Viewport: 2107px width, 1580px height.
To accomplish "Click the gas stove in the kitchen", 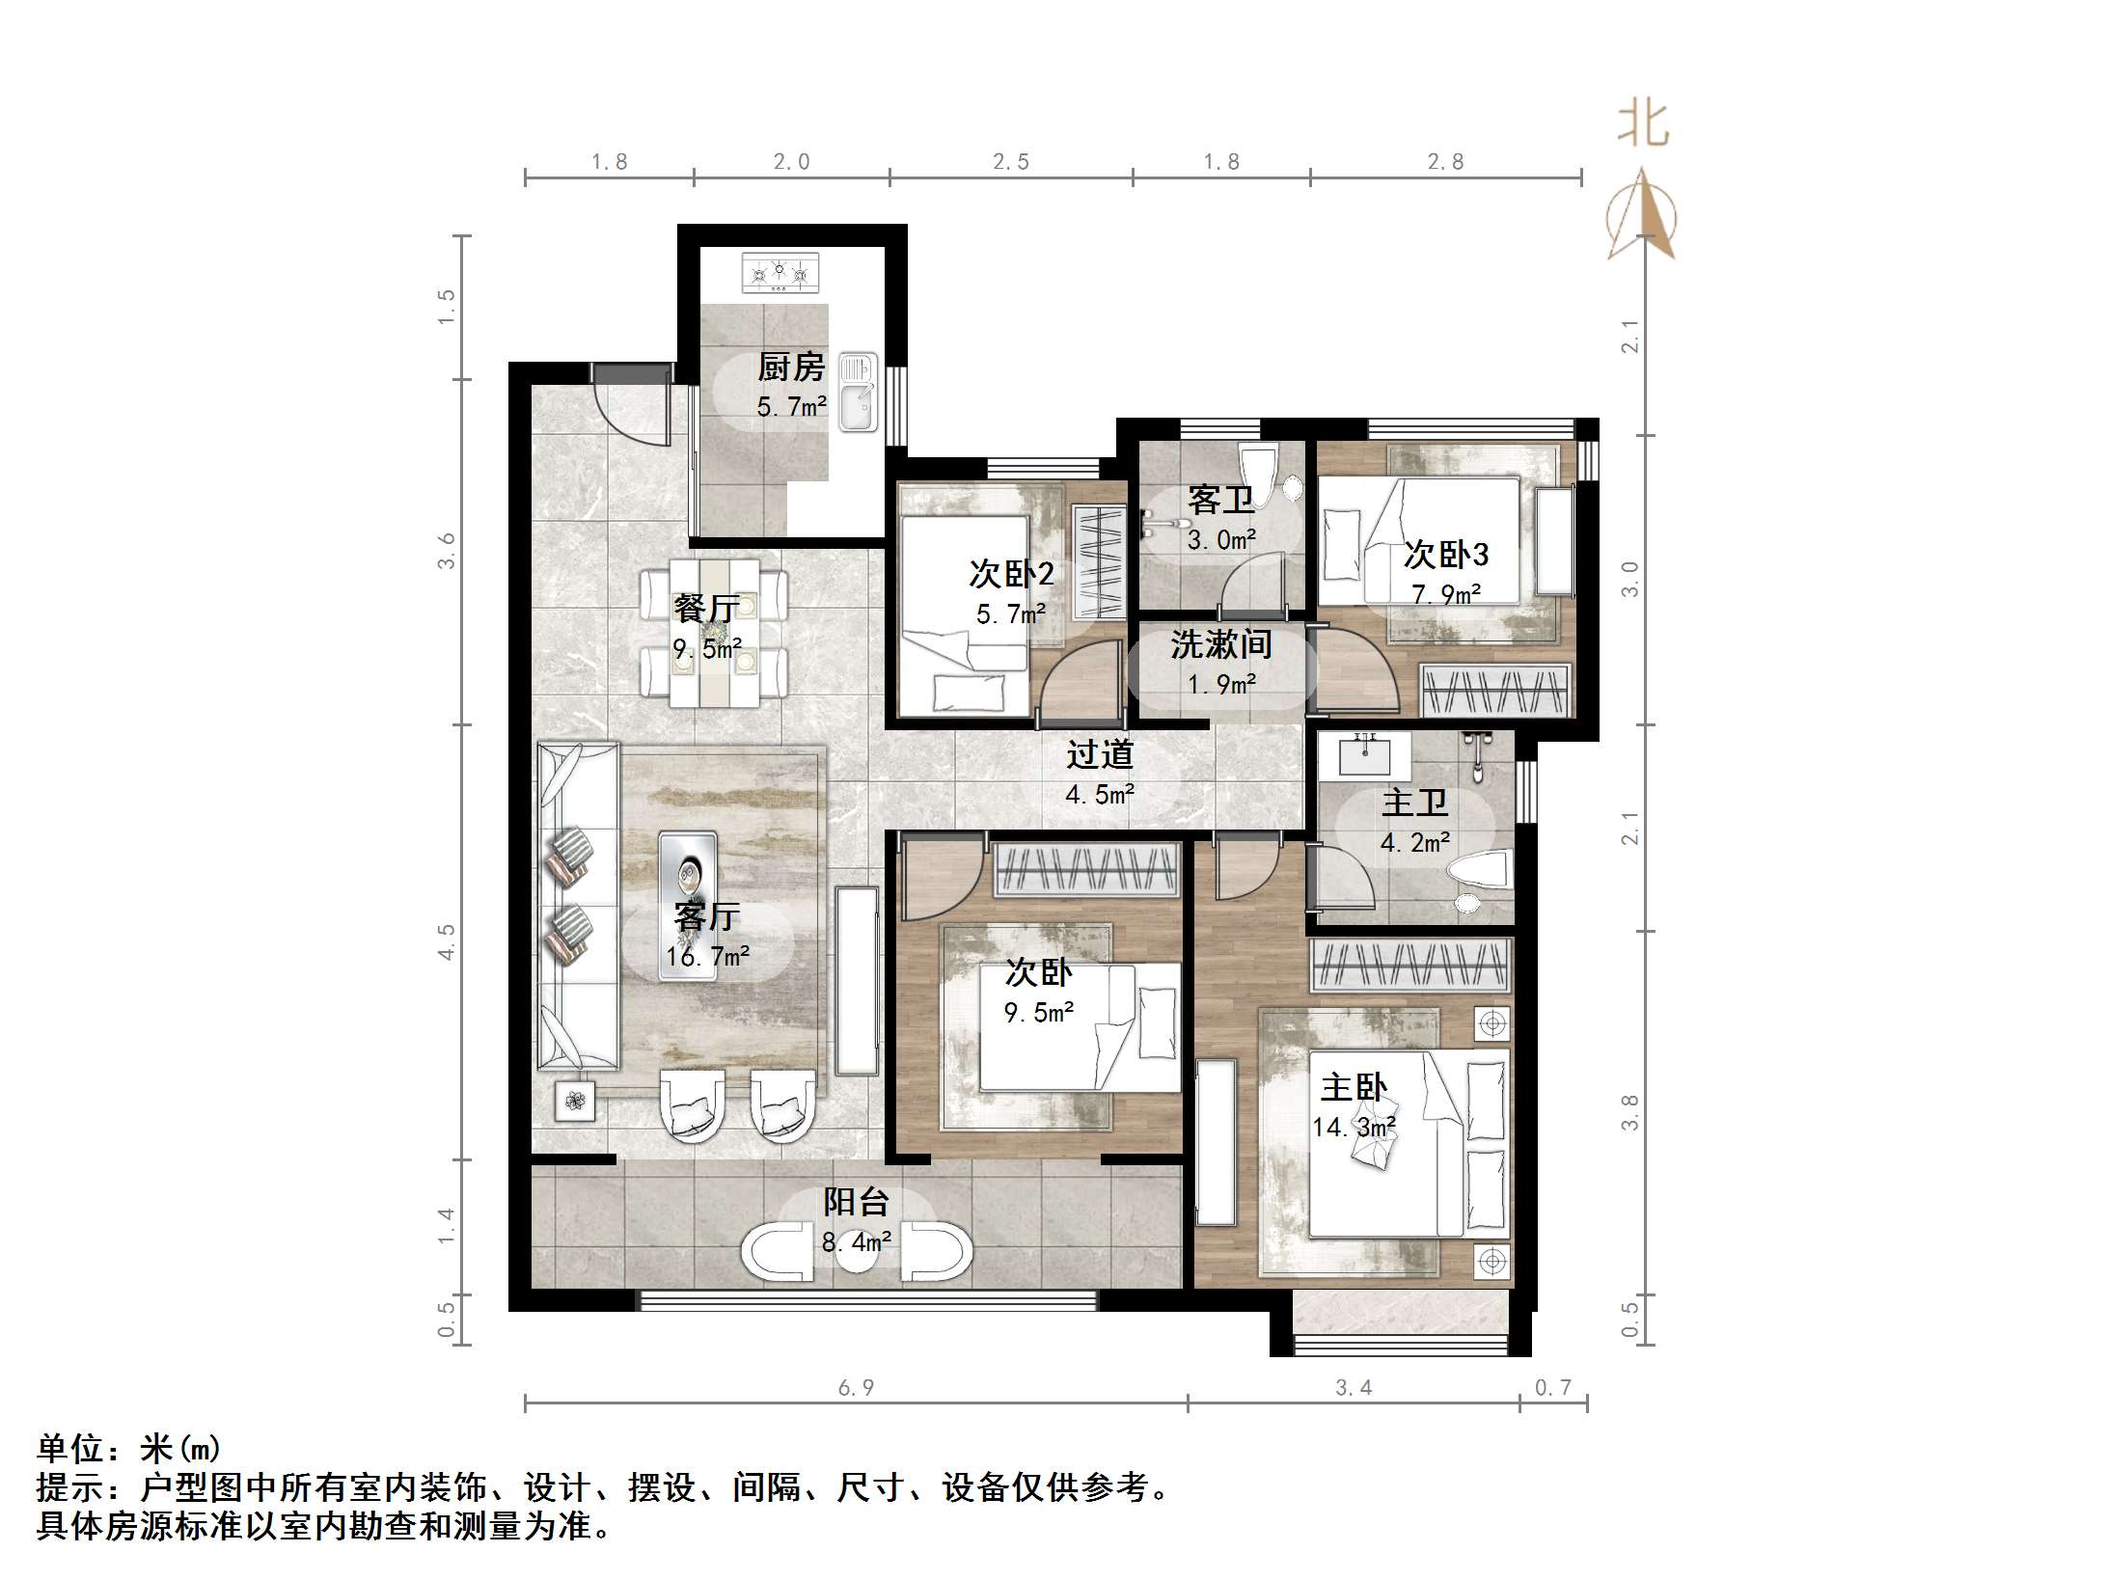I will [780, 274].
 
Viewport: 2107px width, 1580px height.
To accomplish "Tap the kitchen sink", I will [858, 391].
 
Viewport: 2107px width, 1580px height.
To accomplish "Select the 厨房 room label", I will [791, 368].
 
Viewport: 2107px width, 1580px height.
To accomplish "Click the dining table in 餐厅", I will [714, 632].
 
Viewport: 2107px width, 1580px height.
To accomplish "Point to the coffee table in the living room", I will [688, 907].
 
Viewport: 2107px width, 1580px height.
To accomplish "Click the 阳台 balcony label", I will [856, 1202].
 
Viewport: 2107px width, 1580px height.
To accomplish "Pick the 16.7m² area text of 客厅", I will [707, 957].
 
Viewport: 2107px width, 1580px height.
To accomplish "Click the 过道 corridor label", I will [1099, 754].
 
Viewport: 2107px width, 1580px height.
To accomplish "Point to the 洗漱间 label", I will [1220, 644].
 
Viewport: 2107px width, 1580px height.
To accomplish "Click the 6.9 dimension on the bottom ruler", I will [856, 1387].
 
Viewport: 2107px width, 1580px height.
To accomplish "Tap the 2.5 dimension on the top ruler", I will [1011, 162].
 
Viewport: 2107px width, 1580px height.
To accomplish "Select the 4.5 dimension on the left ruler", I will [446, 941].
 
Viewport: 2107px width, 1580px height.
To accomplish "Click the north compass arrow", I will [1642, 217].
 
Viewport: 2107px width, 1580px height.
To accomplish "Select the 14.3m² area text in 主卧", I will [1354, 1127].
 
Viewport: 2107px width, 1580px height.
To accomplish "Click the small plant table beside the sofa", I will [575, 1101].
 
